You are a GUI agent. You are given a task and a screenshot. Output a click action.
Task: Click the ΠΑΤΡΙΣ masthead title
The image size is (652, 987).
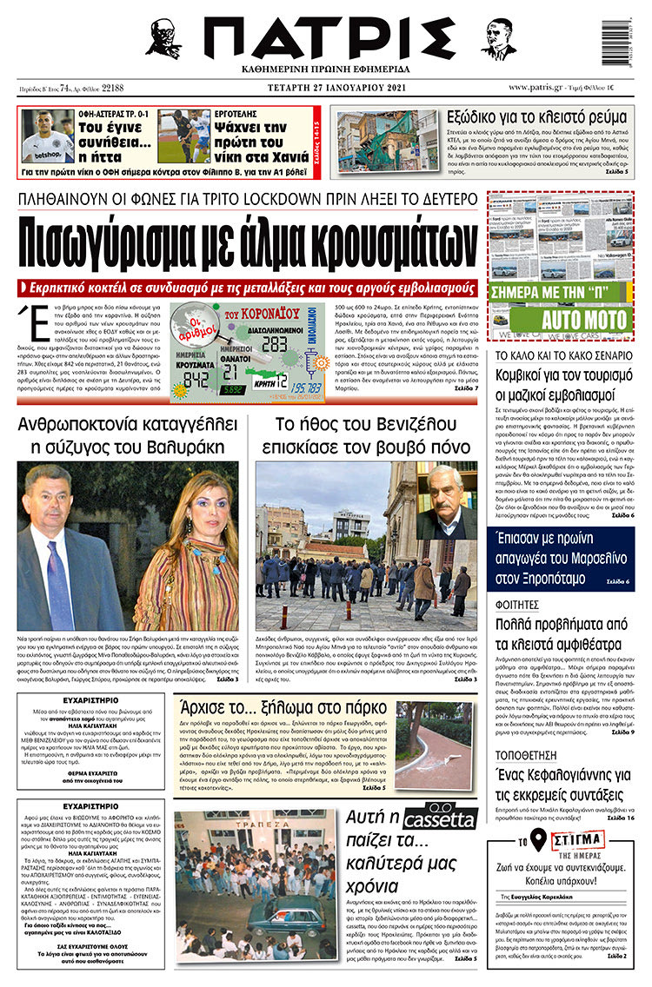[x=329, y=39]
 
